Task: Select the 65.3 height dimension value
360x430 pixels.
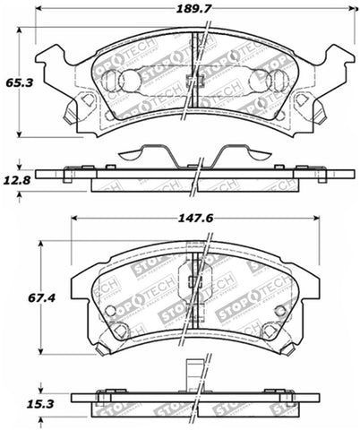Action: point(14,81)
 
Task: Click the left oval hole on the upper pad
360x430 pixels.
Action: point(110,81)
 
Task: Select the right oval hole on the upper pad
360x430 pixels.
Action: point(279,81)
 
